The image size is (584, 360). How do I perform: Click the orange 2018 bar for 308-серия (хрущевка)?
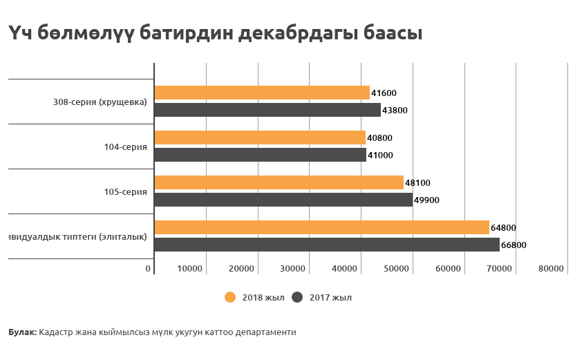261,93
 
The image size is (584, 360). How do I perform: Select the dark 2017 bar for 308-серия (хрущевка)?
267,110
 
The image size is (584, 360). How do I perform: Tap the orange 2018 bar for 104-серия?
259,138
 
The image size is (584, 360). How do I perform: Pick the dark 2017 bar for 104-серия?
260,155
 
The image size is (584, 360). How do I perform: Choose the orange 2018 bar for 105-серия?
279,182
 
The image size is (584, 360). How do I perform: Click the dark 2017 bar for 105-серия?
283,200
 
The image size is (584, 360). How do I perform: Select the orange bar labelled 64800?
321,227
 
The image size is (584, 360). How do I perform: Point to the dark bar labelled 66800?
326,245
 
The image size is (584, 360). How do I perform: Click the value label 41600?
384,93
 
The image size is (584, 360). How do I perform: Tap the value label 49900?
426,200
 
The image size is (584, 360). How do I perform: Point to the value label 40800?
379,138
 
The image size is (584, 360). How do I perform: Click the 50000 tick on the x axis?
395,269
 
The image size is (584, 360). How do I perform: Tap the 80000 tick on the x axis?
551,269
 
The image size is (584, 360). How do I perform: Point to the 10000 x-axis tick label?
189,269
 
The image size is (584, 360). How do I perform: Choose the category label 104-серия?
125,146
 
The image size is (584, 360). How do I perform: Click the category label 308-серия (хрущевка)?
100,102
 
